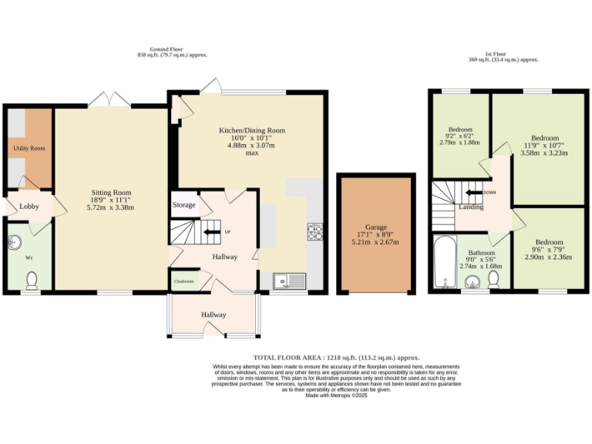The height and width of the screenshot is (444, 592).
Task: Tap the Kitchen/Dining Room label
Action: [x=251, y=131]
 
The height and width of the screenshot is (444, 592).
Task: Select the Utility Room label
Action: [x=29, y=147]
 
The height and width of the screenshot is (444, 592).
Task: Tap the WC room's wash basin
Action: [x=15, y=243]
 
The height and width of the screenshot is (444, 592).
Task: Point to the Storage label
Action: [x=183, y=206]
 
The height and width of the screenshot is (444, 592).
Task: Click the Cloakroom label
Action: [x=183, y=281]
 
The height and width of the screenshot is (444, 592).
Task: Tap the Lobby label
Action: [x=29, y=207]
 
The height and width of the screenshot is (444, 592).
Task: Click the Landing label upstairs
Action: [x=471, y=207]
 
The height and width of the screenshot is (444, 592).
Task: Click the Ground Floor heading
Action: [x=172, y=52]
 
